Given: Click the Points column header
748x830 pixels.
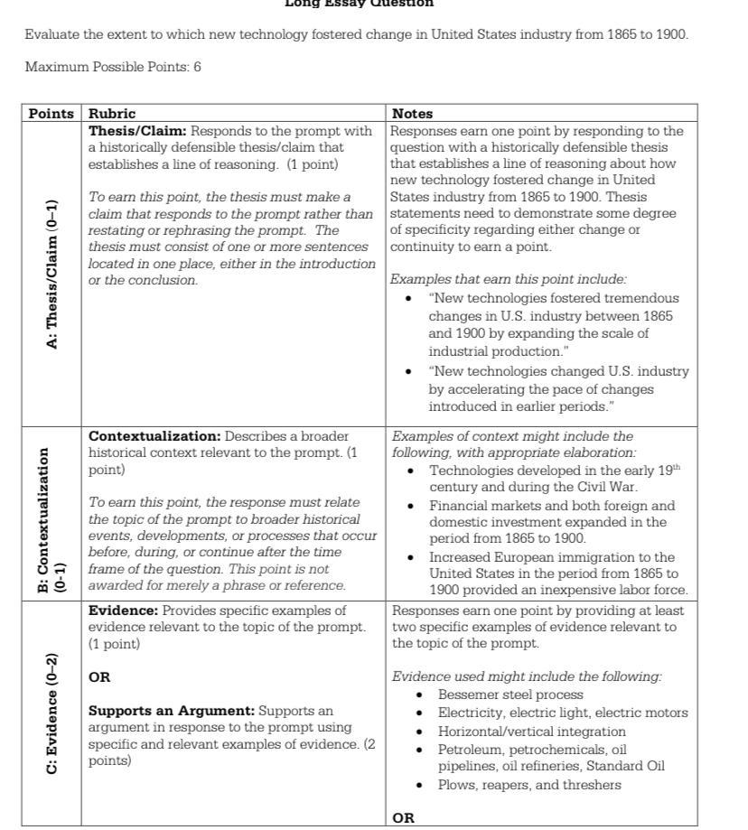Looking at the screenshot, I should [x=51, y=114].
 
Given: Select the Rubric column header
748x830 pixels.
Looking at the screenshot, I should [x=111, y=114].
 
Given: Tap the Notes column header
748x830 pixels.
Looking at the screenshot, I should [x=411, y=114].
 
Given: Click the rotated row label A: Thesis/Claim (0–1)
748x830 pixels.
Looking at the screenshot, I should [x=51, y=274].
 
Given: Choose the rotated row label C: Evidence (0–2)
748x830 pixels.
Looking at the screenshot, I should [x=51, y=713].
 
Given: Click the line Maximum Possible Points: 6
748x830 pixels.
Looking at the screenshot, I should [x=113, y=67].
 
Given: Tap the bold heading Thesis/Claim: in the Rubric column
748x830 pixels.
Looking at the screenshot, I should [x=136, y=131].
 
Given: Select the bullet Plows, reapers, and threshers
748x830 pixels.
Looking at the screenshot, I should [x=529, y=784].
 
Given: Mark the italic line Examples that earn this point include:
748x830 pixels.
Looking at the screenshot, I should [x=509, y=280].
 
